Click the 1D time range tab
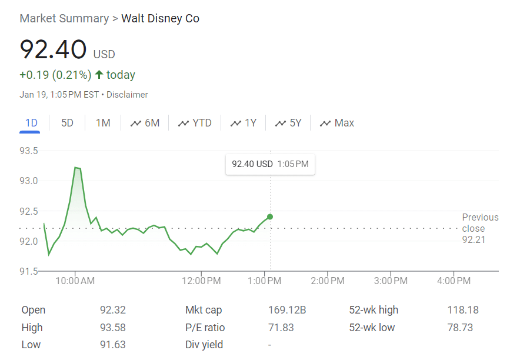click(x=31, y=123)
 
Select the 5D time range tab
click(x=68, y=123)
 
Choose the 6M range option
click(x=145, y=123)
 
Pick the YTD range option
click(x=195, y=123)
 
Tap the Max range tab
click(x=337, y=123)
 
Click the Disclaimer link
click(x=128, y=95)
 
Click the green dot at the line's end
click(x=270, y=217)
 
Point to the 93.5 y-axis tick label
click(x=29, y=151)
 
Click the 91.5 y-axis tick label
click(x=29, y=271)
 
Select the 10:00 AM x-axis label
click(x=75, y=281)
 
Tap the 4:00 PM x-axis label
click(x=454, y=281)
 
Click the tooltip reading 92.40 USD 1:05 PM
click(x=270, y=164)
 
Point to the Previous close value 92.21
click(x=474, y=239)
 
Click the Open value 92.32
click(x=113, y=310)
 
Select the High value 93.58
click(x=113, y=328)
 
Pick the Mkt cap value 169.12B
click(x=287, y=310)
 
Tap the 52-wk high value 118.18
click(x=463, y=310)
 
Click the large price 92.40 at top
click(x=53, y=49)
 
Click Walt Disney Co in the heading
click(x=160, y=19)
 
